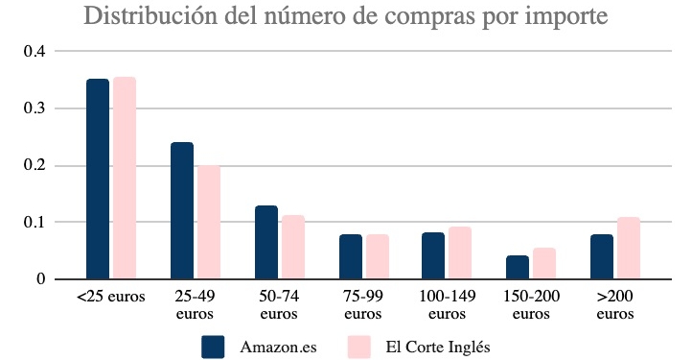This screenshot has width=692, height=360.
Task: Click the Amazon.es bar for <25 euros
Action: tap(98, 180)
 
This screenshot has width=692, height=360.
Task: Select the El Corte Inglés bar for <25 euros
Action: tap(125, 179)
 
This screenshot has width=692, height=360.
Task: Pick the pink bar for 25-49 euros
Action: tap(209, 223)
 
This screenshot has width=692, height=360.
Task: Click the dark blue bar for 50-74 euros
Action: tap(265, 243)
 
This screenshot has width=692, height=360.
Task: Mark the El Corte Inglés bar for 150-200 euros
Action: tap(544, 264)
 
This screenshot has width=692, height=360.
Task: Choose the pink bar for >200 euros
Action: tap(628, 249)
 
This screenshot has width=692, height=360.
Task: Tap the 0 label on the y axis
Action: tap(40, 279)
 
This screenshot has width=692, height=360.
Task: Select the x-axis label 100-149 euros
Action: tap(447, 304)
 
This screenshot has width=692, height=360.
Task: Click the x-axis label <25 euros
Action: tap(111, 297)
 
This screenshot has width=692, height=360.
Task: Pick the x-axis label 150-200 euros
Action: tap(530, 304)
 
